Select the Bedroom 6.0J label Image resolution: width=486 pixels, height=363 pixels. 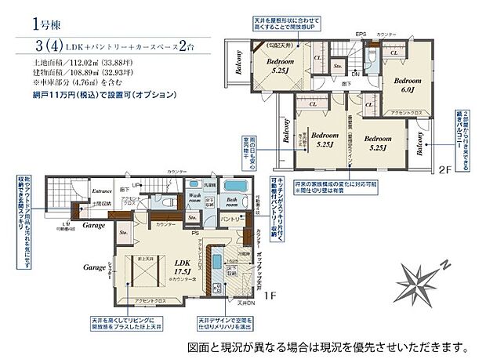408,85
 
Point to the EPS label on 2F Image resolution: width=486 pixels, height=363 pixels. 361,34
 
